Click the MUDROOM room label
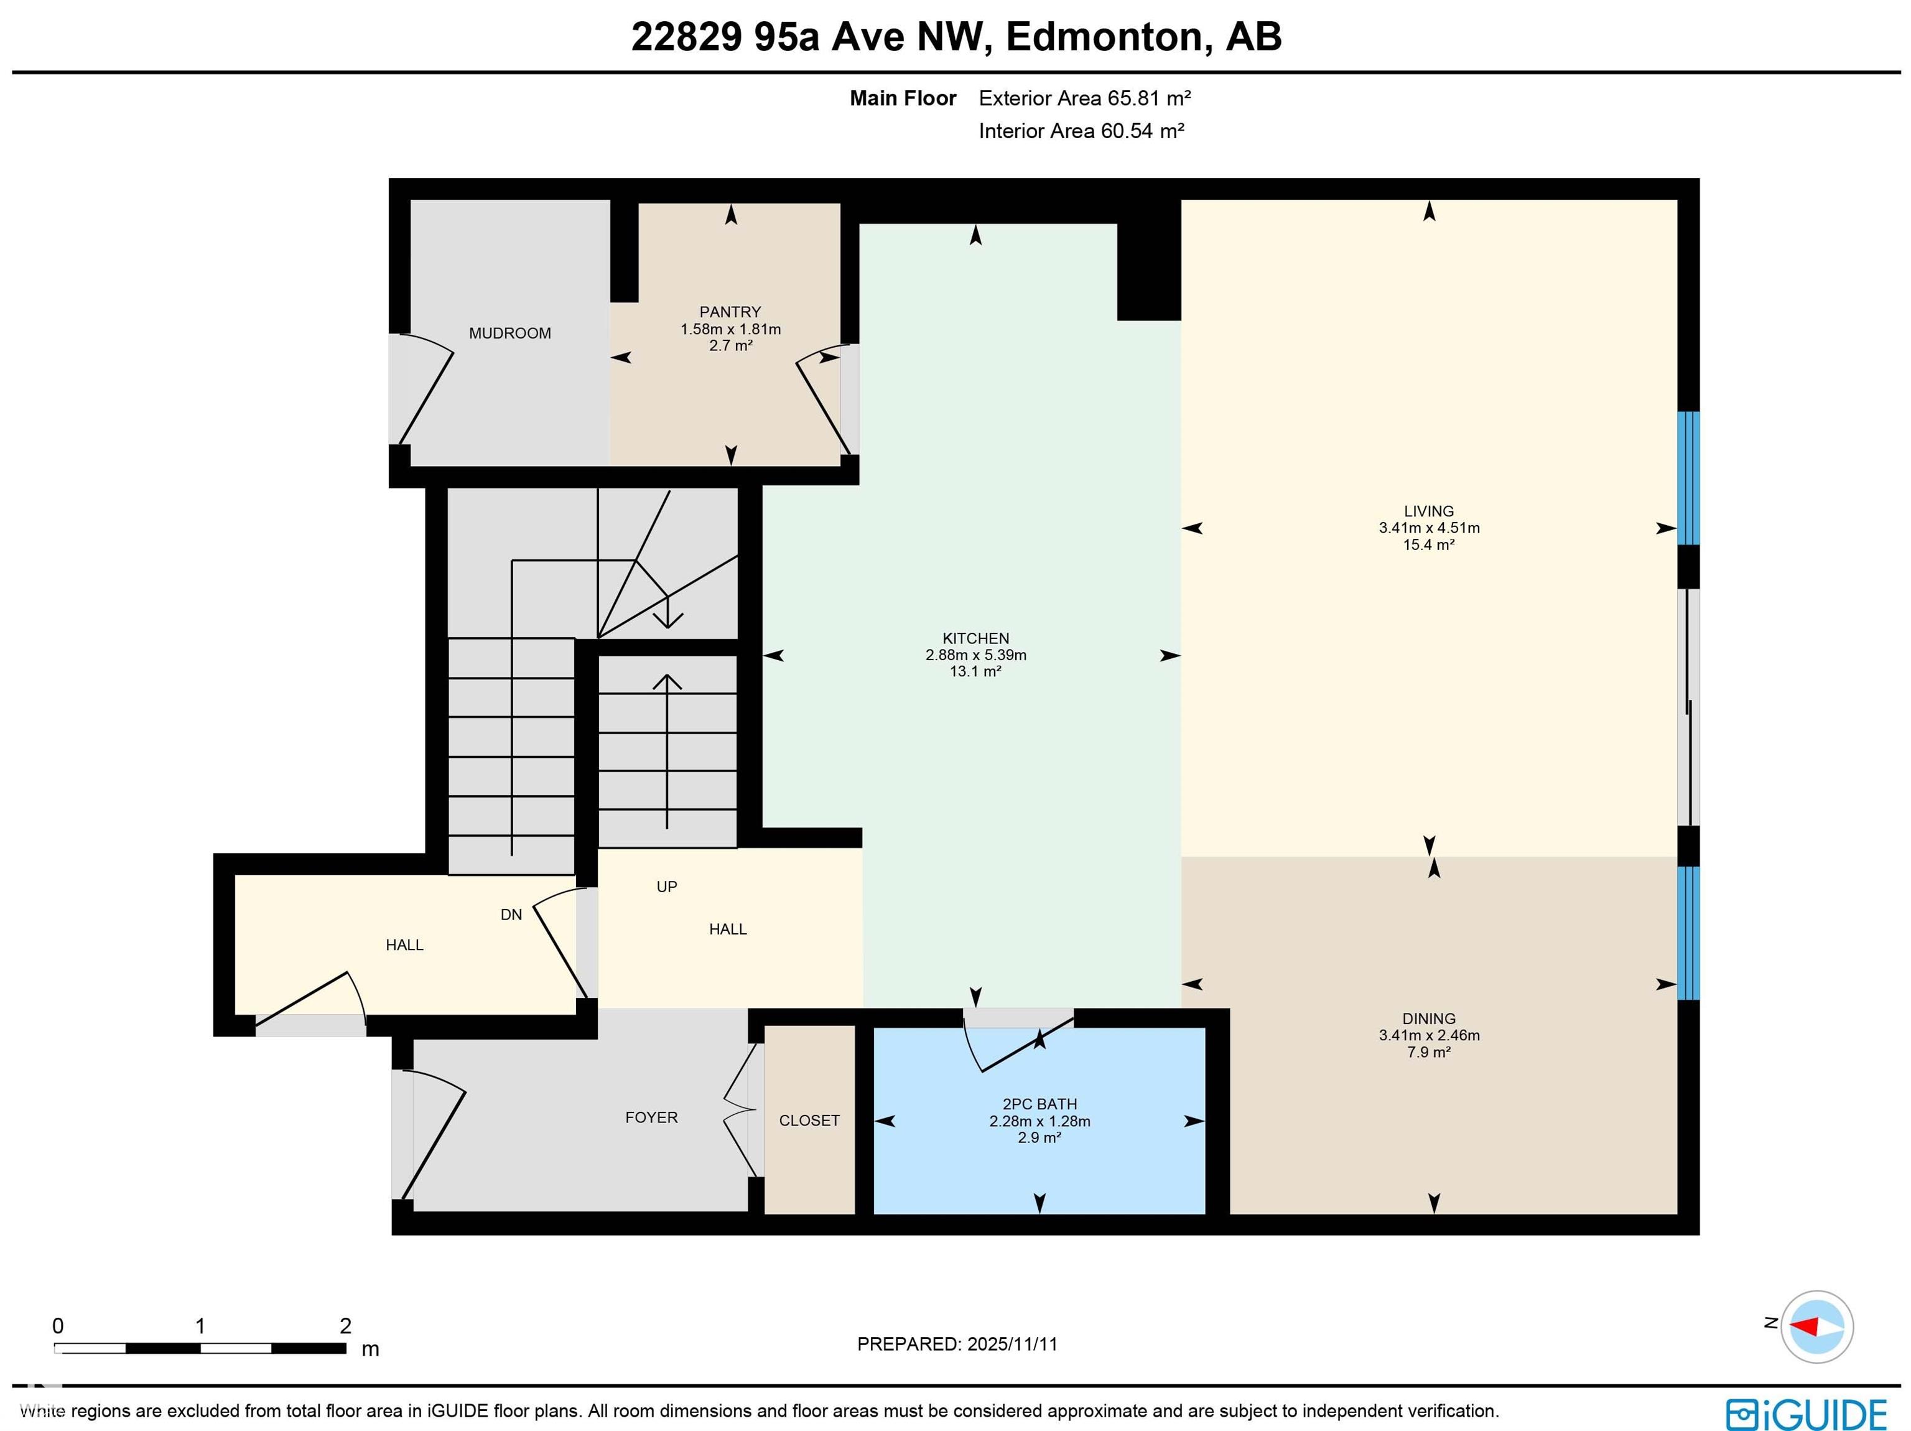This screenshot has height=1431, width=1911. coord(509,333)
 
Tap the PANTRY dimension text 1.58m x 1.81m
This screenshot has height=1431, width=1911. coord(730,329)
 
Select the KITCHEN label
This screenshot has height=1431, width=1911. coord(975,638)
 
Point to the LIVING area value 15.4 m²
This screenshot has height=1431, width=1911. coord(1428,544)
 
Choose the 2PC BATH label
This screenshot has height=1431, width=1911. coord(1039,1104)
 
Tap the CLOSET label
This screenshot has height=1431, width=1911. coord(809,1121)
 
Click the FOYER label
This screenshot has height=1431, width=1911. coord(651,1117)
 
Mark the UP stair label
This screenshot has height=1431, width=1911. coord(666,887)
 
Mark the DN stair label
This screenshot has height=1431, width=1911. coord(511,914)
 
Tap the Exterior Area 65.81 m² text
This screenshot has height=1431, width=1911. coord(1084,98)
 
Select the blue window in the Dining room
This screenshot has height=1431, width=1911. coord(1687,933)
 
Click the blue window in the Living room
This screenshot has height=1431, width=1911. coord(1687,478)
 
